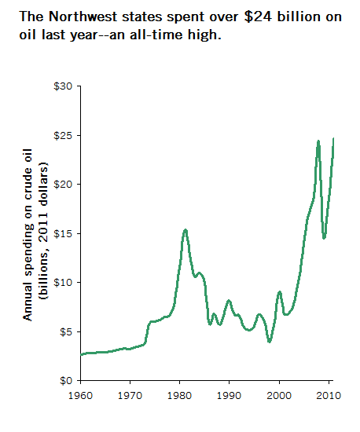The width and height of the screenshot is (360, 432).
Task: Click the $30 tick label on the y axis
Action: (63, 86)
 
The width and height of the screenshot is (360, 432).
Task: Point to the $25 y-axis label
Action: (63, 136)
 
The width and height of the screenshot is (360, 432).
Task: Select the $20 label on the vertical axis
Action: (63, 184)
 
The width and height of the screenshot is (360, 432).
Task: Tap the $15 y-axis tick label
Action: (63, 233)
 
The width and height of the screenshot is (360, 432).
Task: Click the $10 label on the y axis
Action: (63, 283)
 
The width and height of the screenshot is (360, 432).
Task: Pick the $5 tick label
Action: (66, 331)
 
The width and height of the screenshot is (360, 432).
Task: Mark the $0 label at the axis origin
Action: (66, 380)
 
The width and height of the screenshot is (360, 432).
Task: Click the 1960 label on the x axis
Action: (80, 396)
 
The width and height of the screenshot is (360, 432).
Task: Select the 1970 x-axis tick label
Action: (130, 396)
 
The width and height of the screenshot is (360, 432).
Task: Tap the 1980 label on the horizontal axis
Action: (179, 396)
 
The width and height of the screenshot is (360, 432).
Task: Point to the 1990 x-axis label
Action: (229, 396)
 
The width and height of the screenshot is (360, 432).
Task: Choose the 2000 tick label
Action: (279, 396)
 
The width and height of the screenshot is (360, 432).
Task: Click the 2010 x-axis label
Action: (329, 396)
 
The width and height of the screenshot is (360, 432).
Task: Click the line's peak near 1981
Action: (186, 230)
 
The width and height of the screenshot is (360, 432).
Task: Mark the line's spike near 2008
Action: (318, 141)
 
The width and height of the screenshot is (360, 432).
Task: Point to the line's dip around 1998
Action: (270, 342)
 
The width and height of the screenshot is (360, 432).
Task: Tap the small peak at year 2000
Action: (280, 292)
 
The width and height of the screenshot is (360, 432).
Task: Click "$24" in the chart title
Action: (258, 16)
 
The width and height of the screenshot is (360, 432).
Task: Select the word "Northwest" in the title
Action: (83, 16)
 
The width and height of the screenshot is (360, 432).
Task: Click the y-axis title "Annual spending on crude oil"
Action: (28, 235)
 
